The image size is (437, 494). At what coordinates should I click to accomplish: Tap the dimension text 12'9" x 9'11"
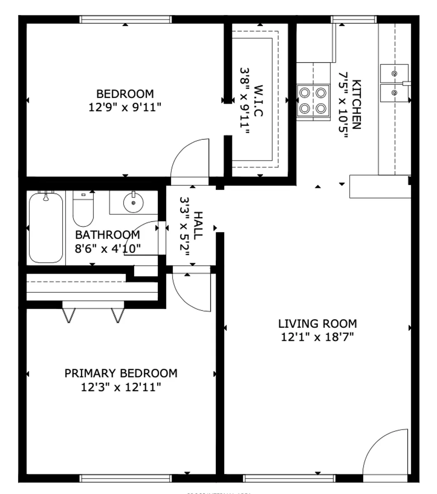pos(125,107)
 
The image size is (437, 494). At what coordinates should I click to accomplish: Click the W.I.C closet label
pos(258,101)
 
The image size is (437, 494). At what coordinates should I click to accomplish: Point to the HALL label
pos(198,226)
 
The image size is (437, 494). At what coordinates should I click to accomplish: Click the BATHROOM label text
pos(107,235)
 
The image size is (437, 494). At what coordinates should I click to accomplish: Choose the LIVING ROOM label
pos(317,324)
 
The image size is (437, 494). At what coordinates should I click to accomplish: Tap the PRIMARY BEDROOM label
pos(121,373)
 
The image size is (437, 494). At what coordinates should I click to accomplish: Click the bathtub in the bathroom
pos(46,228)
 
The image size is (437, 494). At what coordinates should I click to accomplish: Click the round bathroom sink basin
pos(133,203)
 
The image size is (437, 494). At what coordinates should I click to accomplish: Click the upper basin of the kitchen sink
pos(394,74)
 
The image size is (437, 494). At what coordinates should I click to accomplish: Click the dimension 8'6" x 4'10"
pos(107,248)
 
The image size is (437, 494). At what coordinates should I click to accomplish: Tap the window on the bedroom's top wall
pos(125,19)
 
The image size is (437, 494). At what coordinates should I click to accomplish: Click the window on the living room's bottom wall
pos(289,478)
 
